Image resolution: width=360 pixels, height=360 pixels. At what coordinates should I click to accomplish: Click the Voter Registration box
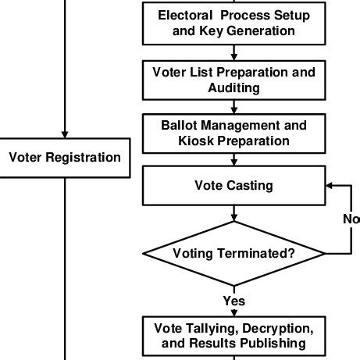pyautogui.click(x=65, y=158)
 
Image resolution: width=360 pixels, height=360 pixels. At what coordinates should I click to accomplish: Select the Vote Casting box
pyautogui.click(x=234, y=186)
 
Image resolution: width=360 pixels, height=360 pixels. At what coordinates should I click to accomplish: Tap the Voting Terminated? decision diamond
pyautogui.click(x=234, y=254)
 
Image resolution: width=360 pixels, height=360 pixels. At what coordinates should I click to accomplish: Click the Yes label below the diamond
pyautogui.click(x=234, y=301)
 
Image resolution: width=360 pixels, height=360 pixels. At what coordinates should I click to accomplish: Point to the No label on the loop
pyautogui.click(x=351, y=219)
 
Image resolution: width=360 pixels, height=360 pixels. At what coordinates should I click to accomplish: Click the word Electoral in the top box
pyautogui.click(x=185, y=15)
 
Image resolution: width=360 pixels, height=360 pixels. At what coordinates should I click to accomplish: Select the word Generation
pyautogui.click(x=261, y=31)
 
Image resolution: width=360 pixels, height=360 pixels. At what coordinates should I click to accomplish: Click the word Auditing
pyautogui.click(x=234, y=88)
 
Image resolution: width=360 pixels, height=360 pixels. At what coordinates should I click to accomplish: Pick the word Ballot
pyautogui.click(x=179, y=125)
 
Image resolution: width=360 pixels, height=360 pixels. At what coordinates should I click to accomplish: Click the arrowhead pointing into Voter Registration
pyautogui.click(x=65, y=134)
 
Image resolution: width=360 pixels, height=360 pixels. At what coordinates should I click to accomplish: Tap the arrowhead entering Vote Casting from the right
pyautogui.click(x=329, y=186)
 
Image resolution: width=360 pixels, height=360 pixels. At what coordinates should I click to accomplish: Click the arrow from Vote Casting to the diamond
pyautogui.click(x=234, y=213)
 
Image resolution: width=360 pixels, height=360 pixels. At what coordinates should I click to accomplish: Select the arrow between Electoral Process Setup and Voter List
pyautogui.click(x=234, y=53)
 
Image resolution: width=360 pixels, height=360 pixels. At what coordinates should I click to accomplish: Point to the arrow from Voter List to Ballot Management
pyautogui.click(x=234, y=107)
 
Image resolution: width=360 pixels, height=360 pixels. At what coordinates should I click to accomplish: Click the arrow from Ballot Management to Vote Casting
pyautogui.click(x=234, y=159)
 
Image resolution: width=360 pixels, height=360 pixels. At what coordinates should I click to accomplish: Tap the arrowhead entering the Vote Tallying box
pyautogui.click(x=234, y=313)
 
